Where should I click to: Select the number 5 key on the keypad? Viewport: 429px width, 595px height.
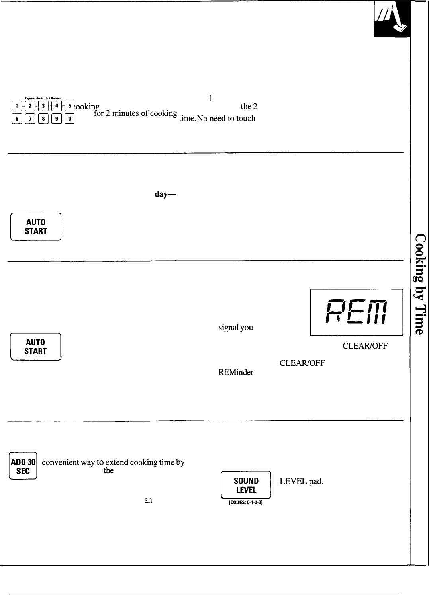(x=70, y=106)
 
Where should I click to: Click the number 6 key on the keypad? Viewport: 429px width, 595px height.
(x=16, y=119)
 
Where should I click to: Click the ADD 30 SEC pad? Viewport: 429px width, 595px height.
(x=23, y=466)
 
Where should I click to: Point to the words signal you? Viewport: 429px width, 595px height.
(x=235, y=328)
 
